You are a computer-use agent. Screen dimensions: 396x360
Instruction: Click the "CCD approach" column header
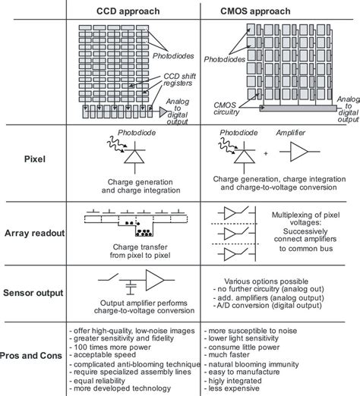(x=134, y=10)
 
